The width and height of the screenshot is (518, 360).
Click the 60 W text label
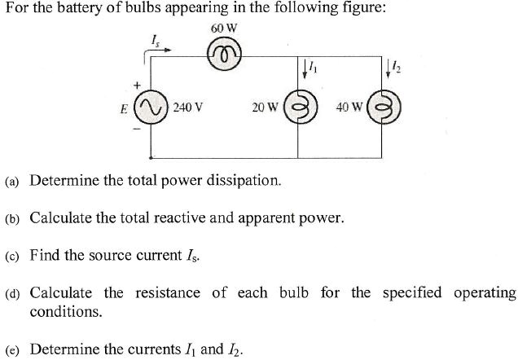pyautogui.click(x=223, y=29)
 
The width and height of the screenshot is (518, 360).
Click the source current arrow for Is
pyautogui.click(x=158, y=49)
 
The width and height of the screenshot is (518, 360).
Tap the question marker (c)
pyautogui.click(x=12, y=256)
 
